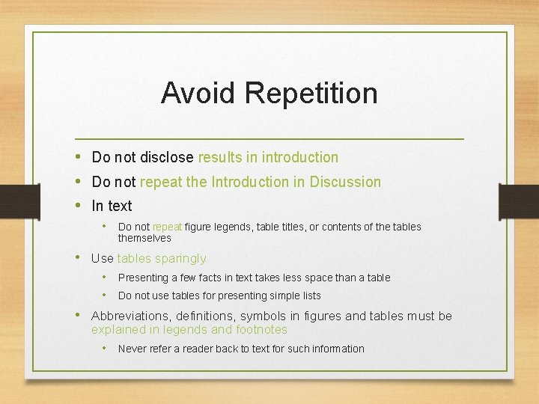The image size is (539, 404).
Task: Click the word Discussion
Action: click(x=346, y=182)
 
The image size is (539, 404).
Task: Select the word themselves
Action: click(x=144, y=238)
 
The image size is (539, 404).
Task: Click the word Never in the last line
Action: click(x=132, y=349)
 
